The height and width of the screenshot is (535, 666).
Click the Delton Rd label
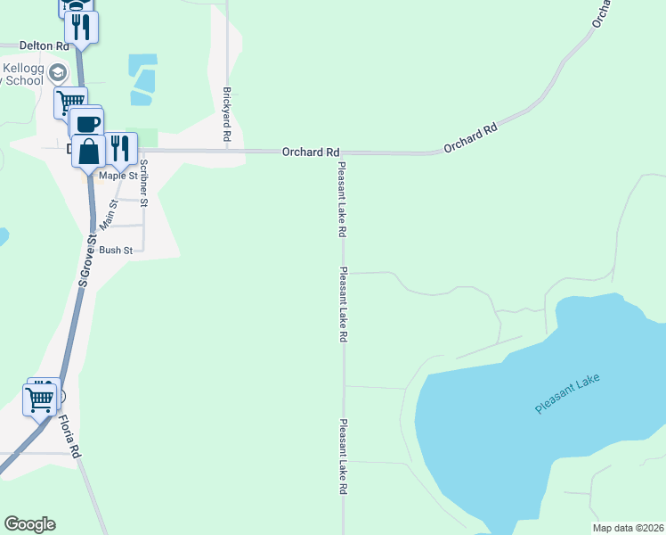click(x=44, y=45)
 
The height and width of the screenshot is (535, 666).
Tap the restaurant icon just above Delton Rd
click(x=82, y=27)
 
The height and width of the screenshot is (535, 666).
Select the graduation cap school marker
click(x=58, y=73)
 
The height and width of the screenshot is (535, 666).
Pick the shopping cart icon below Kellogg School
click(x=70, y=101)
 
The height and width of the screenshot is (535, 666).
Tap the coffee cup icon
click(x=87, y=123)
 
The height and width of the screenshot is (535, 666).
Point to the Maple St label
click(x=118, y=176)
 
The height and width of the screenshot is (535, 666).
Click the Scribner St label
click(x=142, y=182)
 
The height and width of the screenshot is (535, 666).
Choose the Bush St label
click(x=116, y=251)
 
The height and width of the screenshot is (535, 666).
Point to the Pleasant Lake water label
click(x=568, y=393)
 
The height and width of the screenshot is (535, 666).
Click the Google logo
click(x=29, y=524)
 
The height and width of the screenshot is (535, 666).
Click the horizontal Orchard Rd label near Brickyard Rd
click(x=311, y=152)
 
